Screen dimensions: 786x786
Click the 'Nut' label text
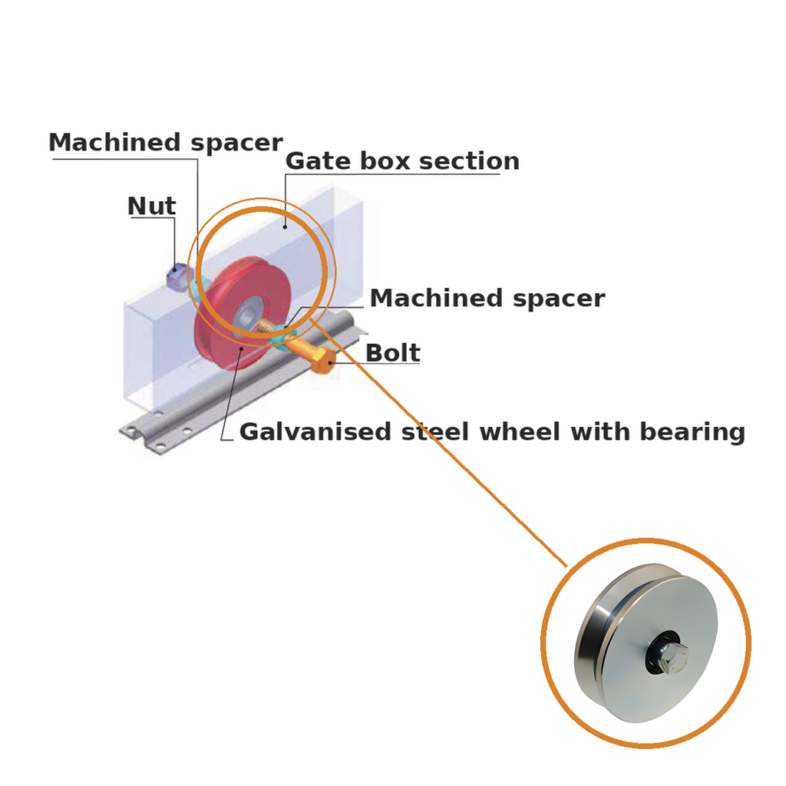click(152, 206)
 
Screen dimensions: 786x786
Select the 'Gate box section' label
click(402, 161)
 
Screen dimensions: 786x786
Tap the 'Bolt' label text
click(393, 353)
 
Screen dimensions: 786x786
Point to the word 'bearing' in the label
click(692, 432)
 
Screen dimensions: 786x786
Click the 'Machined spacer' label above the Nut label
click(166, 143)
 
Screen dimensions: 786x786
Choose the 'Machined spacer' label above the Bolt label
click(487, 299)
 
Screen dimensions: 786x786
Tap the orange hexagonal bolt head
click(322, 361)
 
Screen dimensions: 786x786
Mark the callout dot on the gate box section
click(286, 227)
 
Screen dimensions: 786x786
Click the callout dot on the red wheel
click(242, 348)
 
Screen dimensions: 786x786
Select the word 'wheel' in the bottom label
click(520, 431)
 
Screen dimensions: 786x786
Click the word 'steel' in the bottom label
click(436, 431)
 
